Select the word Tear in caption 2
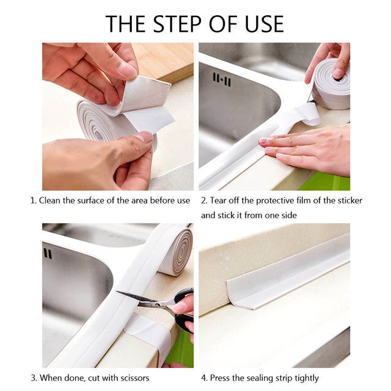pos(221,200)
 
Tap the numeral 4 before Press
pos(203,378)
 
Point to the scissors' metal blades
pos(137,298)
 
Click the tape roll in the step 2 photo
pos(331,85)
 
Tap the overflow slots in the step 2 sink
pos(221,79)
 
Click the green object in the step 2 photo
pos(333,181)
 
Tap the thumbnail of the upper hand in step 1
pos(128,70)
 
